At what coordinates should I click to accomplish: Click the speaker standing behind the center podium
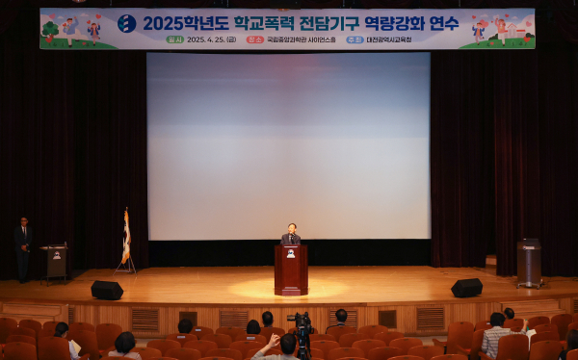(291, 234)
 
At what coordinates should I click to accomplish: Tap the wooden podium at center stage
(291, 270)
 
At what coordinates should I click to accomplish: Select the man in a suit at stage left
(23, 248)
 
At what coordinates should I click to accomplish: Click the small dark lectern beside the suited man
(55, 261)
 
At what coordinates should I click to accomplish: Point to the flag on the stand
(125, 237)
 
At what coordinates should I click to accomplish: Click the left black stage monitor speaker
(106, 290)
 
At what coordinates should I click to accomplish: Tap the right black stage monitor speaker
(466, 288)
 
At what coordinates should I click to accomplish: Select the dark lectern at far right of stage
(529, 262)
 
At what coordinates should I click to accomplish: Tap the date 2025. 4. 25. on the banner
(211, 40)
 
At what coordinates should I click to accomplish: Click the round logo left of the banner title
(126, 24)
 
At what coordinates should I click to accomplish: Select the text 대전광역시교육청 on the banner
(388, 40)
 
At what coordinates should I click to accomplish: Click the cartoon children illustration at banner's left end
(69, 31)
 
